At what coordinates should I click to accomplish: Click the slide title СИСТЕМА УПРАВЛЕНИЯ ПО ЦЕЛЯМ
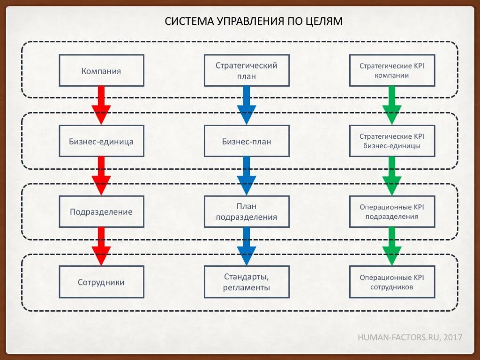(254, 21)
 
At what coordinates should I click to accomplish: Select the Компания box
(101, 71)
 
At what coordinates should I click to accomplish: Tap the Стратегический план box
(247, 71)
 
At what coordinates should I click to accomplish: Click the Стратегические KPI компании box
(392, 71)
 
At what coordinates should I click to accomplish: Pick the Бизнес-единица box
(101, 141)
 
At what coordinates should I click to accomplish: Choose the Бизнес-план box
(247, 141)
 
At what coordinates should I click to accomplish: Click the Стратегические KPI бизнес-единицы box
(392, 141)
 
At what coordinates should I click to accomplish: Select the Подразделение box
(101, 211)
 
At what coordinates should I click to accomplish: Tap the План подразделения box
(247, 211)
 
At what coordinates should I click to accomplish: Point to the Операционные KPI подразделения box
(392, 211)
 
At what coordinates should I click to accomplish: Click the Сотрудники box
(101, 282)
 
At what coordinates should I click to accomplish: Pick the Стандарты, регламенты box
(247, 282)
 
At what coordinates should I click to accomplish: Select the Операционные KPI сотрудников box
(392, 282)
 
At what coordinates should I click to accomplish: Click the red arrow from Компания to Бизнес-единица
(101, 106)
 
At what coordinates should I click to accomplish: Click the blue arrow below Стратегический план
(247, 106)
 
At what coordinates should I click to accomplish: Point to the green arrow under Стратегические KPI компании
(392, 106)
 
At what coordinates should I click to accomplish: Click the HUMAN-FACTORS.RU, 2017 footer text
(410, 337)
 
